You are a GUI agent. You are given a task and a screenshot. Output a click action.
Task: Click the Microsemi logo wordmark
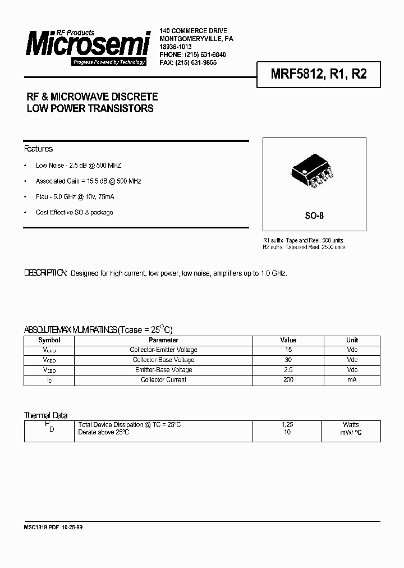[88, 44]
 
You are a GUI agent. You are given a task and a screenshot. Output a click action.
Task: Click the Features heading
[38, 149]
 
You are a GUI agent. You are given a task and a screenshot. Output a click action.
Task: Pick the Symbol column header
[49, 340]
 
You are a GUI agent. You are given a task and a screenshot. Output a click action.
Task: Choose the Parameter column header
[163, 340]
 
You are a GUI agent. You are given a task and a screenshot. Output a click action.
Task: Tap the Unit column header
[352, 340]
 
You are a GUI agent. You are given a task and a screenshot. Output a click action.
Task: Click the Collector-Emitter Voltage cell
[163, 350]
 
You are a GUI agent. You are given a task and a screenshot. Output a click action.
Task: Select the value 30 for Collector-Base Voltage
[288, 360]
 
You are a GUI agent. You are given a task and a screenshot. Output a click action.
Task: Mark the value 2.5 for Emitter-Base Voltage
[288, 370]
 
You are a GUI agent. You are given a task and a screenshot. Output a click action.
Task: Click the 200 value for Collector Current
[288, 380]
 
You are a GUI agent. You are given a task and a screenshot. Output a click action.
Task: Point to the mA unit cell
[352, 380]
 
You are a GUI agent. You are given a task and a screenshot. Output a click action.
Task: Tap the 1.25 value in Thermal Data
[287, 425]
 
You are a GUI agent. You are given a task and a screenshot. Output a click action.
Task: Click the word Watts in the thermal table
[351, 425]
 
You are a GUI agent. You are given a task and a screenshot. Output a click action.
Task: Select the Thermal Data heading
[45, 415]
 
